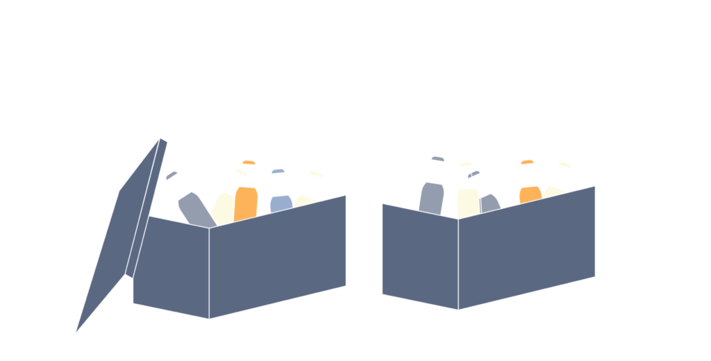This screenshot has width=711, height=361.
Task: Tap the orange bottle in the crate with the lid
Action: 246,201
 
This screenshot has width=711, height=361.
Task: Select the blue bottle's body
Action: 281,203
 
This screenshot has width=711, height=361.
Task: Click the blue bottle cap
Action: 278,171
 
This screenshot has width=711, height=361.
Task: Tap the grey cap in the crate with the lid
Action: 172,175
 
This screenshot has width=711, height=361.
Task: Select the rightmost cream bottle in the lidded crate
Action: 306,198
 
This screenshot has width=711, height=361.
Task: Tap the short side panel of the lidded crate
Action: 170,267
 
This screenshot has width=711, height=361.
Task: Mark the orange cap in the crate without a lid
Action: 528,162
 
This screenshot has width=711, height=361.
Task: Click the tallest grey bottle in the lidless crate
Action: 432,194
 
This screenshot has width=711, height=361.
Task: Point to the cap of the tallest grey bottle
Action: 437,158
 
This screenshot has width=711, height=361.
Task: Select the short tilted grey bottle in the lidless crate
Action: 488,201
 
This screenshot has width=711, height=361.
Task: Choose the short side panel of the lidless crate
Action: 419,257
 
